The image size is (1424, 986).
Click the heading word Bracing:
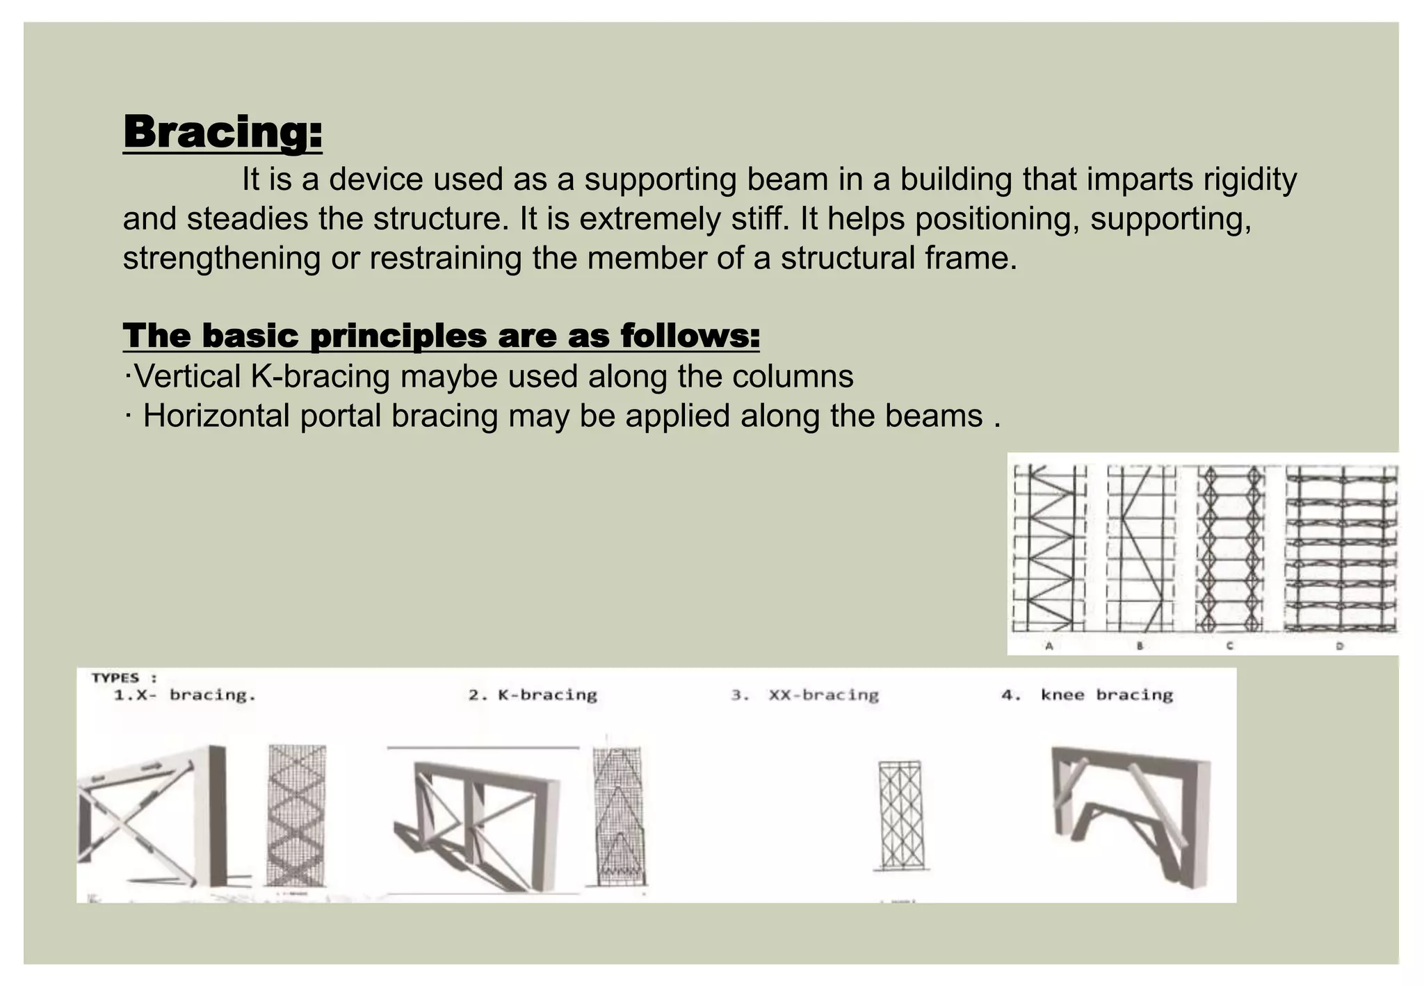point(222,131)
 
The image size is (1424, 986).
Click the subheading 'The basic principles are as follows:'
point(441,336)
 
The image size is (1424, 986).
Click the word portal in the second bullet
point(341,417)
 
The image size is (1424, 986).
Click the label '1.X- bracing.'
point(185,695)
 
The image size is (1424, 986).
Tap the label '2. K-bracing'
point(533,695)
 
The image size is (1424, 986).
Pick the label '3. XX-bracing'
point(805,695)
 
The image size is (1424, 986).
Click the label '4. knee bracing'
point(1087,695)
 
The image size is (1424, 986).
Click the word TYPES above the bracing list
point(115,677)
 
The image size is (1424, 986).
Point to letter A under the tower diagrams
point(1049,646)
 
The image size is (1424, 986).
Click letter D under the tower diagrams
point(1339,646)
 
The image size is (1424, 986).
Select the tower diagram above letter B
point(1140,548)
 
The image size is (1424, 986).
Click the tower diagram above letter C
point(1229,548)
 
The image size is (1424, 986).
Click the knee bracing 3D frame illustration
point(1130,814)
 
